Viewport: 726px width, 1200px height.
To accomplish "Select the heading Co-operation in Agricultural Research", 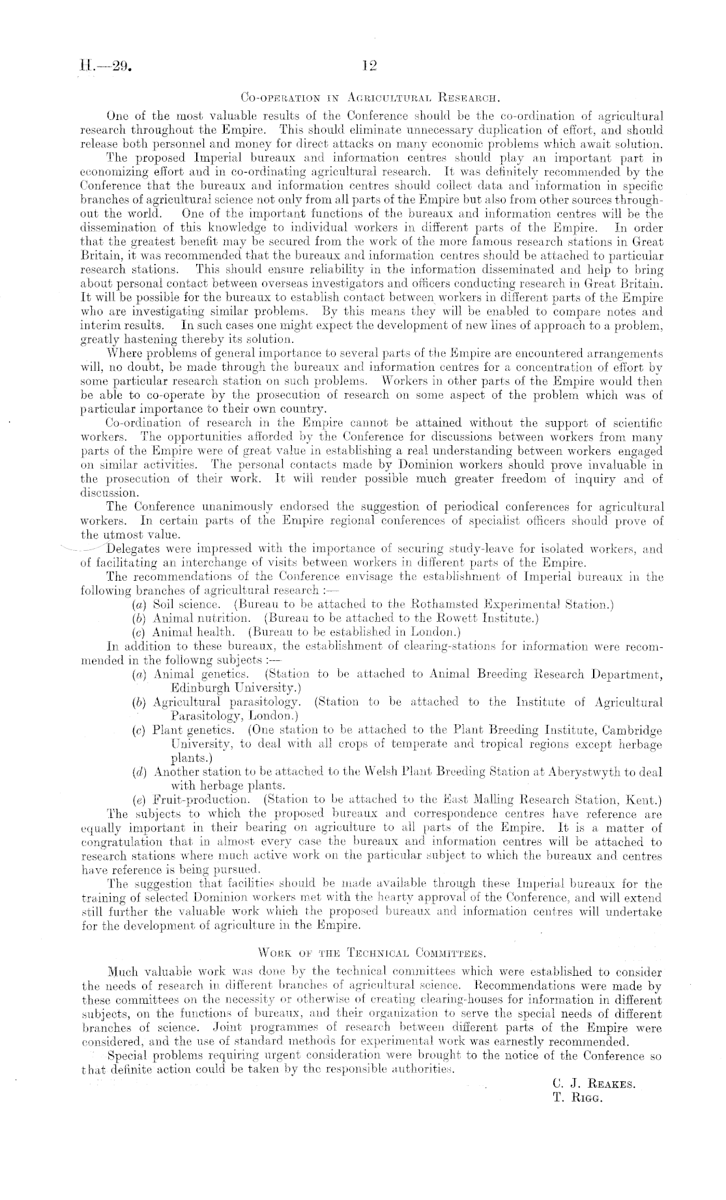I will pyautogui.click(x=370, y=99).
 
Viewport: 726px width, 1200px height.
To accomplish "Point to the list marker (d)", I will pyautogui.click(x=138, y=772).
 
